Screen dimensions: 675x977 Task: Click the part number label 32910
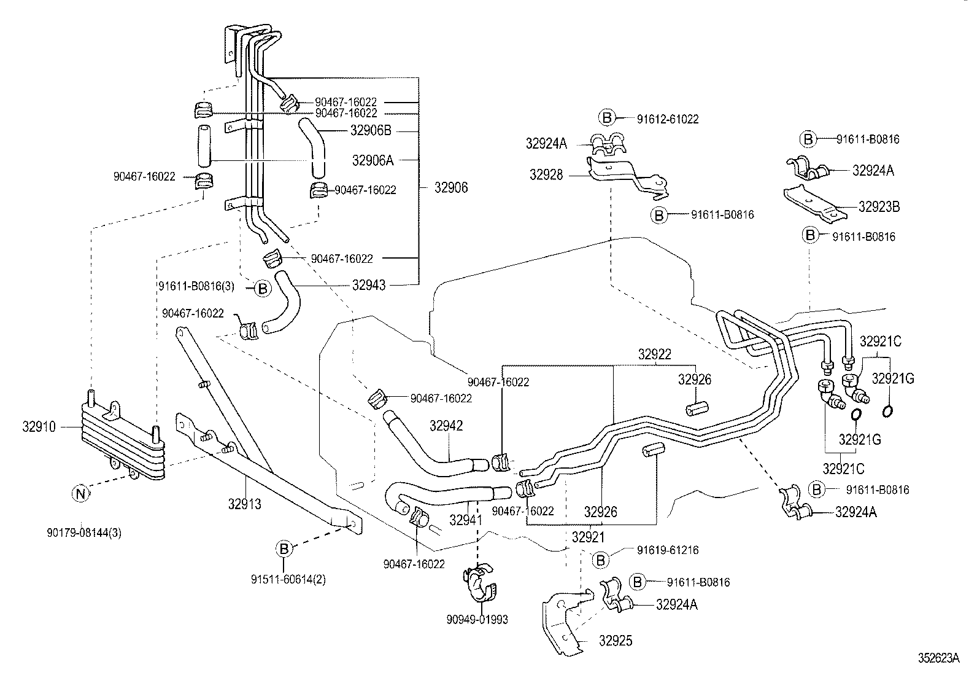[39, 426]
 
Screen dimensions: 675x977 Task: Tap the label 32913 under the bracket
[244, 504]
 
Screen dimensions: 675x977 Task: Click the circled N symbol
[80, 493]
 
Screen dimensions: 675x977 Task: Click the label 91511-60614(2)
[288, 579]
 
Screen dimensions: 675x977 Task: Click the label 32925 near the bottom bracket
[616, 641]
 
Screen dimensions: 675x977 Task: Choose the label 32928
[546, 175]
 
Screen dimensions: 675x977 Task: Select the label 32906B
[371, 130]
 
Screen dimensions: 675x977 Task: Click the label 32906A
[372, 160]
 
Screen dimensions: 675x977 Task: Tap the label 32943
[369, 285]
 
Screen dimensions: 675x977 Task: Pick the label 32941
[466, 520]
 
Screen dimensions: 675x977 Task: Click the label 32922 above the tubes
[654, 354]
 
